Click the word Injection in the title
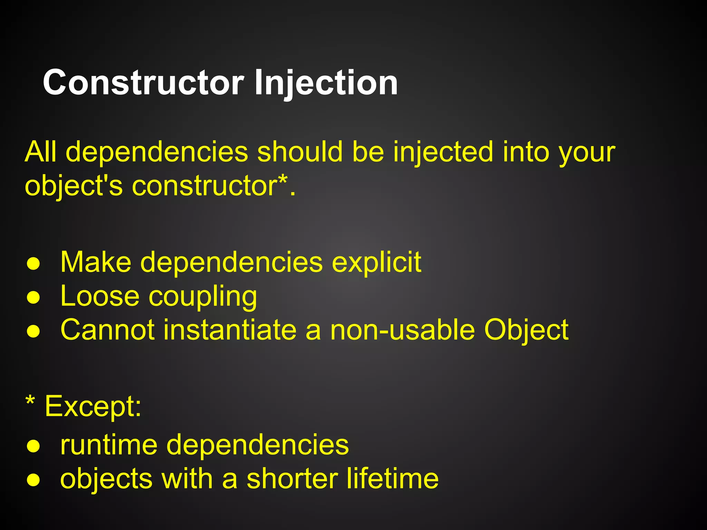tap(326, 83)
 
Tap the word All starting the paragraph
tap(40, 152)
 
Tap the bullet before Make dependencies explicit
tap(33, 264)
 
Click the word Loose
tap(100, 296)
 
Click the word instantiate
tap(230, 330)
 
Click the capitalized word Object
tap(526, 331)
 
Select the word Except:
tap(93, 406)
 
